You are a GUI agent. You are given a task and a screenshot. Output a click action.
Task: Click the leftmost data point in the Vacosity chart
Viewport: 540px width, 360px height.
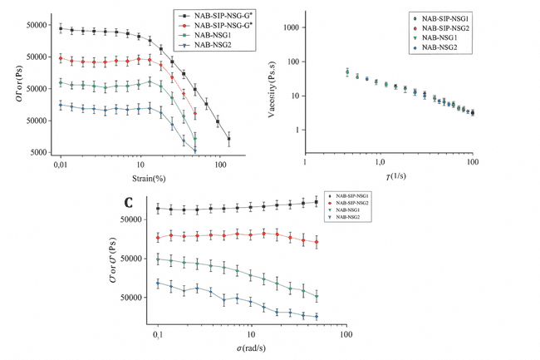[x=347, y=72]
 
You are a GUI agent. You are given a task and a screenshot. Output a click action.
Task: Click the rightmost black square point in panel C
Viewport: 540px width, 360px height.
[x=317, y=202]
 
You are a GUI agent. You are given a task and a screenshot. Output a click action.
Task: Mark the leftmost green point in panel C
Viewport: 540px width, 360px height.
[x=158, y=259]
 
